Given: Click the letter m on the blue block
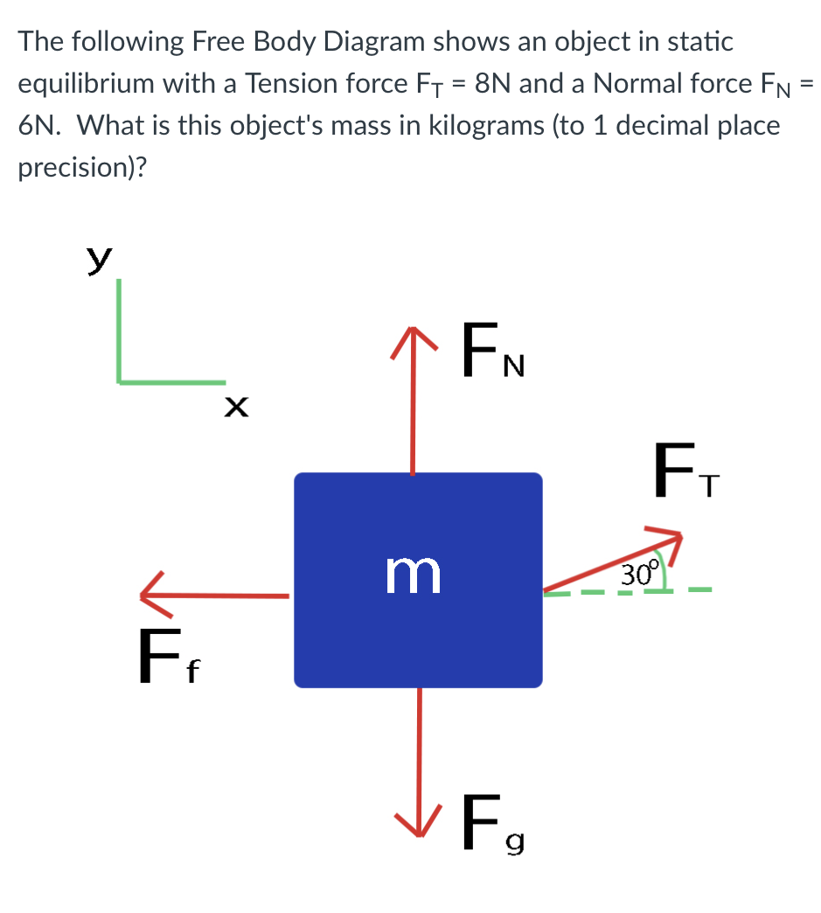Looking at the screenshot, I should click(x=414, y=575).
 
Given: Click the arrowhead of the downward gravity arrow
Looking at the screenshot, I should click(x=419, y=822).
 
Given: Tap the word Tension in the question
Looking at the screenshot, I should click(x=293, y=84).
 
